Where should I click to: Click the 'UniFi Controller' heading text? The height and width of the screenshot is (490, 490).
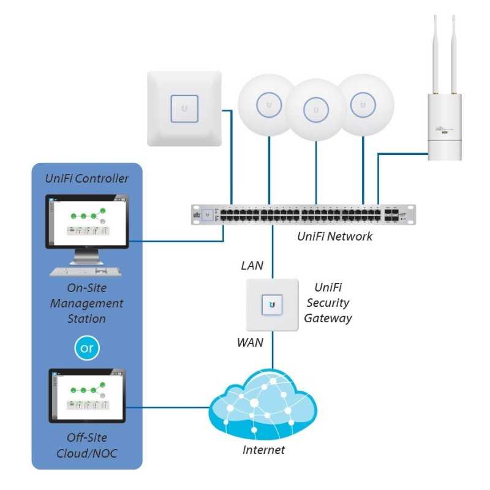click(87, 179)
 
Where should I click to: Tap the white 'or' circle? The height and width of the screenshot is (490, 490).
click(86, 348)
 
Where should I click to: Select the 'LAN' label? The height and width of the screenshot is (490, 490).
click(252, 265)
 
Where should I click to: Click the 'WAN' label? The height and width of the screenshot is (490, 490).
click(250, 342)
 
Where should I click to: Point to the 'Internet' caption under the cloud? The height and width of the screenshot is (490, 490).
click(263, 450)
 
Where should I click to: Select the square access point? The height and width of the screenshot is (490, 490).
click(184, 108)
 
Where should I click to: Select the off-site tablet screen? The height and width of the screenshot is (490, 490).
click(87, 395)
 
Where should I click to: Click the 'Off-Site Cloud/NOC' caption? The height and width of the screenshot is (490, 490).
click(86, 445)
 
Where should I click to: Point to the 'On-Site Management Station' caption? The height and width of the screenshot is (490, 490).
click(86, 303)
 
